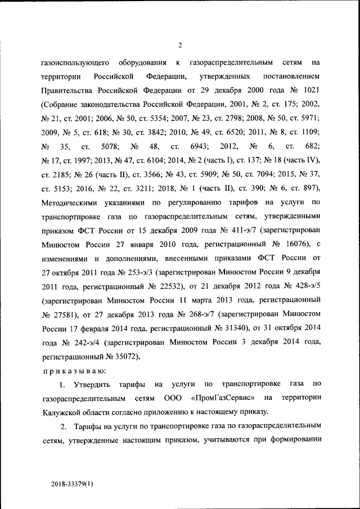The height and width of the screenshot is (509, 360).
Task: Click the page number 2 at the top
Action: point(180,46)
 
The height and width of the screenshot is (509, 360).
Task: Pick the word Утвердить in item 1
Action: point(91,384)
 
